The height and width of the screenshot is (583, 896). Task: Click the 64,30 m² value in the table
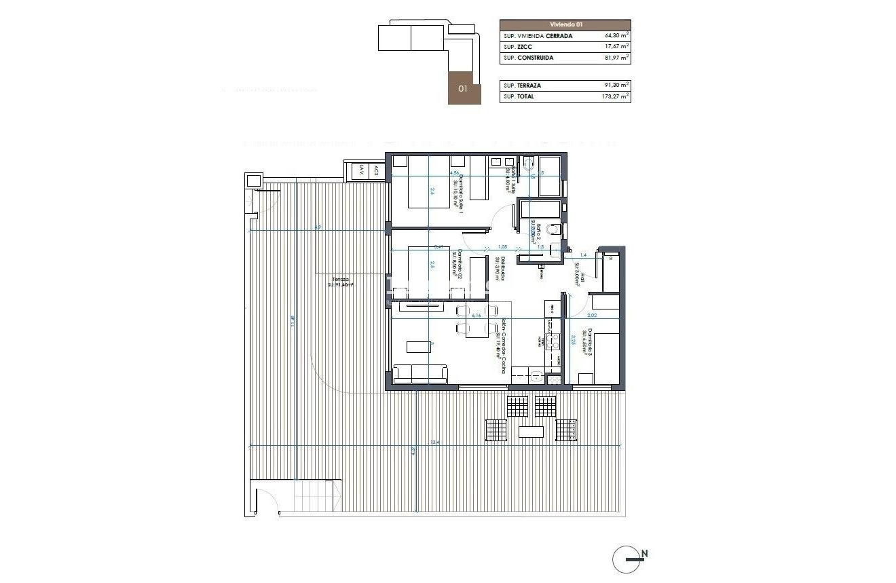tap(616, 36)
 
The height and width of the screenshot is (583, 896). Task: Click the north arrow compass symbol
tap(628, 559)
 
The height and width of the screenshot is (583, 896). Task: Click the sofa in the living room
tap(420, 373)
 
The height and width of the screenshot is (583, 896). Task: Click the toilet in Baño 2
tap(553, 229)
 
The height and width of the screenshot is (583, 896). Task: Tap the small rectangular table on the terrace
tap(531, 432)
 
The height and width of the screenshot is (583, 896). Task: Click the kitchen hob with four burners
tap(553, 341)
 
